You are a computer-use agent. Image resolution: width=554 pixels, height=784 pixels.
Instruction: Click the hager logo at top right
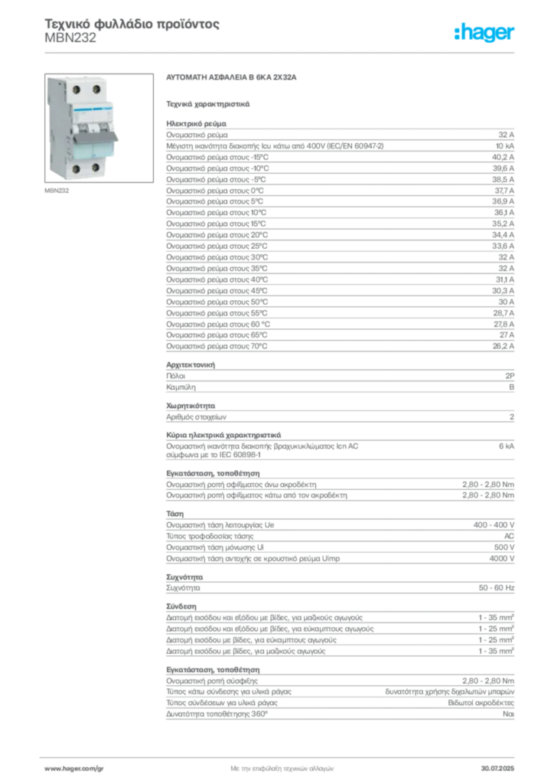(x=484, y=33)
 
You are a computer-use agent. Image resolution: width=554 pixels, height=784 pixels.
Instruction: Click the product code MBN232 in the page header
(x=70, y=38)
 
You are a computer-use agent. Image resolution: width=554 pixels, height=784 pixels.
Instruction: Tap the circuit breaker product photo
(x=99, y=128)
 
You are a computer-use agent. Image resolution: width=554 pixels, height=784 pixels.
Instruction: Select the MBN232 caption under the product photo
(x=57, y=191)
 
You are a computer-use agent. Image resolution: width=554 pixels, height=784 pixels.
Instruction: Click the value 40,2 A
(x=503, y=157)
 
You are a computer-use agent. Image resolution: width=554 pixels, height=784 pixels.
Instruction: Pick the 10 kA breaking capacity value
(x=505, y=146)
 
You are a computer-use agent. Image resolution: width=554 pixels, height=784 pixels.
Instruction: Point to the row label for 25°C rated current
(x=217, y=246)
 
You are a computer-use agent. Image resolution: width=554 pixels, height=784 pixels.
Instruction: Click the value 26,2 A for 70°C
(x=503, y=346)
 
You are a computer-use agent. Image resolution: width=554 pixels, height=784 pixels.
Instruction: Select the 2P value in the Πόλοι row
(x=510, y=376)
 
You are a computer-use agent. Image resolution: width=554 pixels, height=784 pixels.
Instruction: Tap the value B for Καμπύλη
(x=512, y=387)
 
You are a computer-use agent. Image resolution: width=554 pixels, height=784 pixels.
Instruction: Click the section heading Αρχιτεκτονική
(x=191, y=365)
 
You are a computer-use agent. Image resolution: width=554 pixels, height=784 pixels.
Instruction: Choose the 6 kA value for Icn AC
(x=507, y=446)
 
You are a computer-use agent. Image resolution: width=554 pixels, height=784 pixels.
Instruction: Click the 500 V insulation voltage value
(x=504, y=547)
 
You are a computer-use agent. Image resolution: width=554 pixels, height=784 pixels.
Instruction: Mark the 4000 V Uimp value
(x=501, y=558)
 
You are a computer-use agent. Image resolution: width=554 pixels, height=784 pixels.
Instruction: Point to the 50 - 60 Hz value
(x=497, y=587)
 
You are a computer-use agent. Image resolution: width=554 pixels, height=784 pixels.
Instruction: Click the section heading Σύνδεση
(x=181, y=606)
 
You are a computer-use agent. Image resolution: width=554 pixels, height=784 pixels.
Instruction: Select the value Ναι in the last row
(x=509, y=714)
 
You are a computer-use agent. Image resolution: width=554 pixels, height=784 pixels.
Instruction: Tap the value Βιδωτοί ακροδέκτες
(x=481, y=703)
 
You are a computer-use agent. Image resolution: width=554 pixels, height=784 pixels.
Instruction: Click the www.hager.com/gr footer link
(x=74, y=769)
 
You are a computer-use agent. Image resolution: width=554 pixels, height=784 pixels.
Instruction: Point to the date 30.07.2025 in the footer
(x=497, y=769)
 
